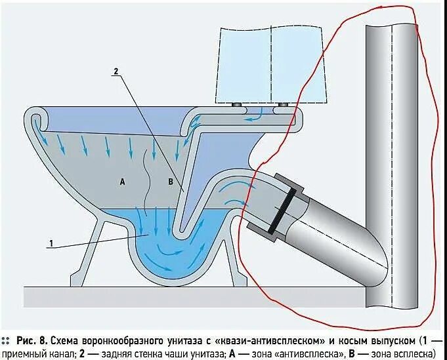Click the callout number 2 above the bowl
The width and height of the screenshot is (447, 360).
pyautogui.click(x=115, y=71)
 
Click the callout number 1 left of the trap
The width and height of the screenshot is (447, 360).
pyautogui.click(x=50, y=243)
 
